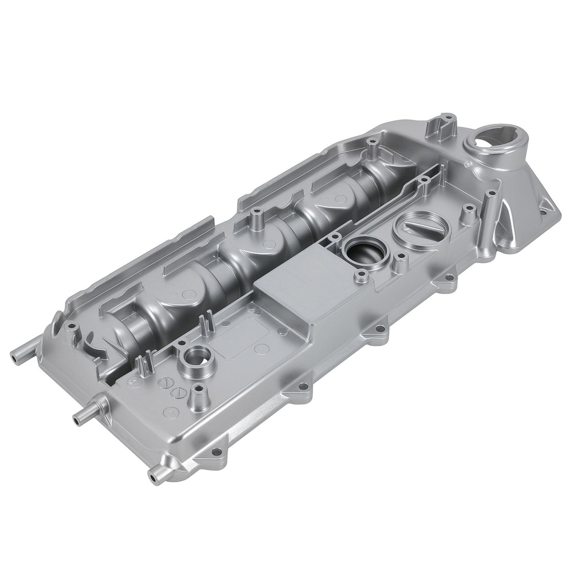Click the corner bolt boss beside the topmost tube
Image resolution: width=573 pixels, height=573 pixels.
[x=71, y=327]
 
